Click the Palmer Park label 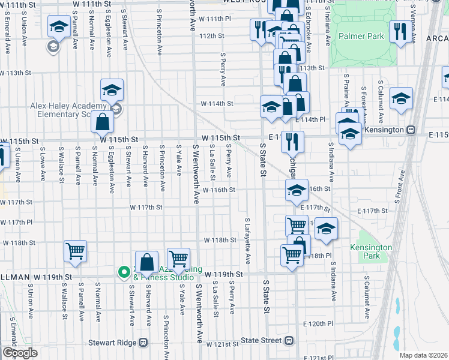click(x=360, y=36)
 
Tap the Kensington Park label click(x=371, y=251)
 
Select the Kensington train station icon click(x=412, y=130)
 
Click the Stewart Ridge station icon click(x=143, y=343)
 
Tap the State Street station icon click(x=289, y=340)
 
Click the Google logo click(x=20, y=353)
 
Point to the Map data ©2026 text click(x=423, y=355)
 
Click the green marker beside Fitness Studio click(x=124, y=273)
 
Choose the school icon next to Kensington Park click(x=326, y=229)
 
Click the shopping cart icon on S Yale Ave click(x=178, y=259)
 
